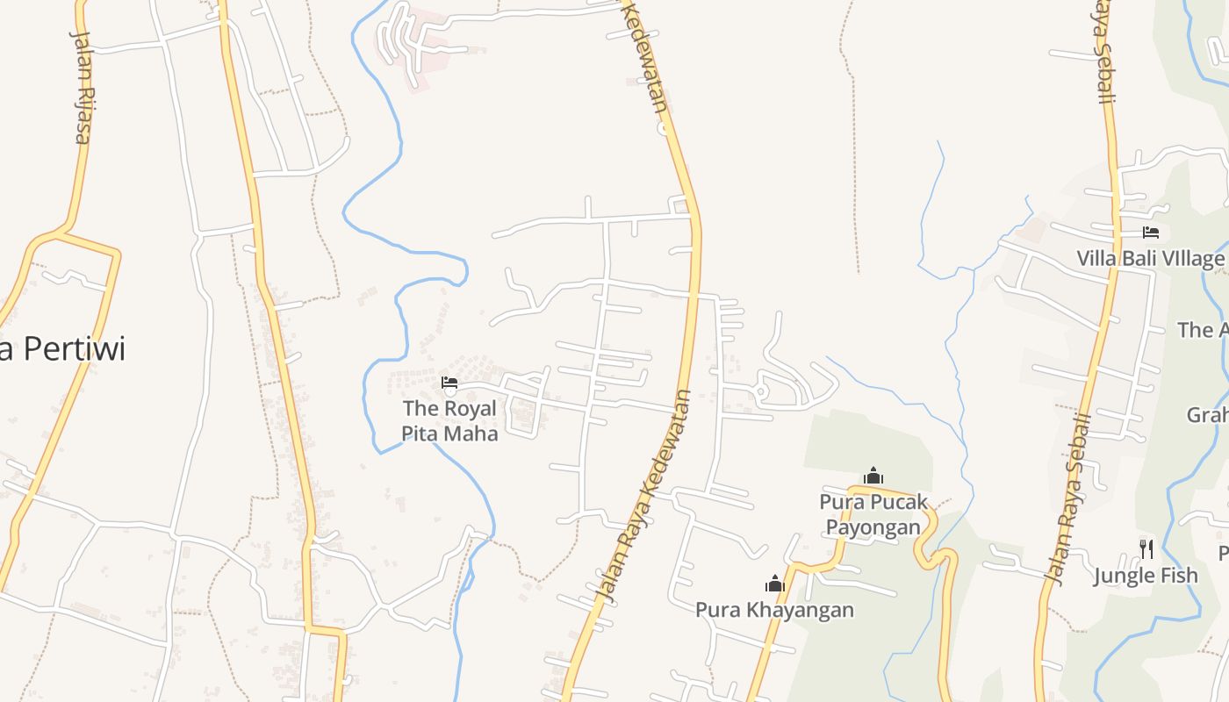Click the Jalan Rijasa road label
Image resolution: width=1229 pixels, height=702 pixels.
81,88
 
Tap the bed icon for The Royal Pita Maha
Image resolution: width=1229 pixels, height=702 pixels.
449,383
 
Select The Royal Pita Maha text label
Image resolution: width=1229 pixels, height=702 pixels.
449,420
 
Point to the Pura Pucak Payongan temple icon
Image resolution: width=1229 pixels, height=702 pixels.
873,476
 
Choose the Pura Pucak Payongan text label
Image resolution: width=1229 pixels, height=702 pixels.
873,514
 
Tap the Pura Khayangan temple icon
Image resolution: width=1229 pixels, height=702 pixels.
775,584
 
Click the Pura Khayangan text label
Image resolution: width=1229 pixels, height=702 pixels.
774,609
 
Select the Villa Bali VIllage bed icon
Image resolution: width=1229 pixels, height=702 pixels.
1151,233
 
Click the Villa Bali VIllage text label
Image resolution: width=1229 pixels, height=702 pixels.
1151,259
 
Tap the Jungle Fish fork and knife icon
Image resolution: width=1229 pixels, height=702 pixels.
1146,549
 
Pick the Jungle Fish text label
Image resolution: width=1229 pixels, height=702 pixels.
1146,576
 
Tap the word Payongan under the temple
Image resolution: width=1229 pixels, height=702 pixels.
873,526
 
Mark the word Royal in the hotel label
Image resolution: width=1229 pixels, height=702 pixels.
470,408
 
